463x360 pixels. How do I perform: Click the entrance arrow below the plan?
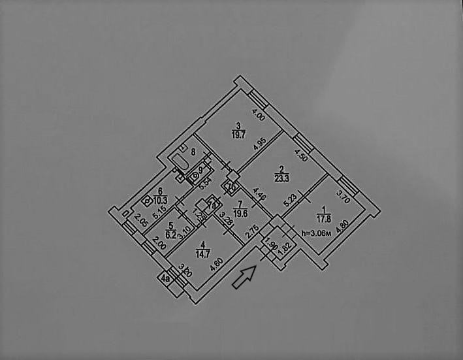[244, 277]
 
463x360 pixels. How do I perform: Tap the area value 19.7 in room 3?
[238, 135]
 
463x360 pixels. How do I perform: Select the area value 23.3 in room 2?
[264, 176]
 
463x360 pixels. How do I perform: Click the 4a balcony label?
[166, 279]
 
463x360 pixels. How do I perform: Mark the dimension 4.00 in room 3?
[258, 117]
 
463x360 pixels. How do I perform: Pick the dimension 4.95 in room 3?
[259, 145]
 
